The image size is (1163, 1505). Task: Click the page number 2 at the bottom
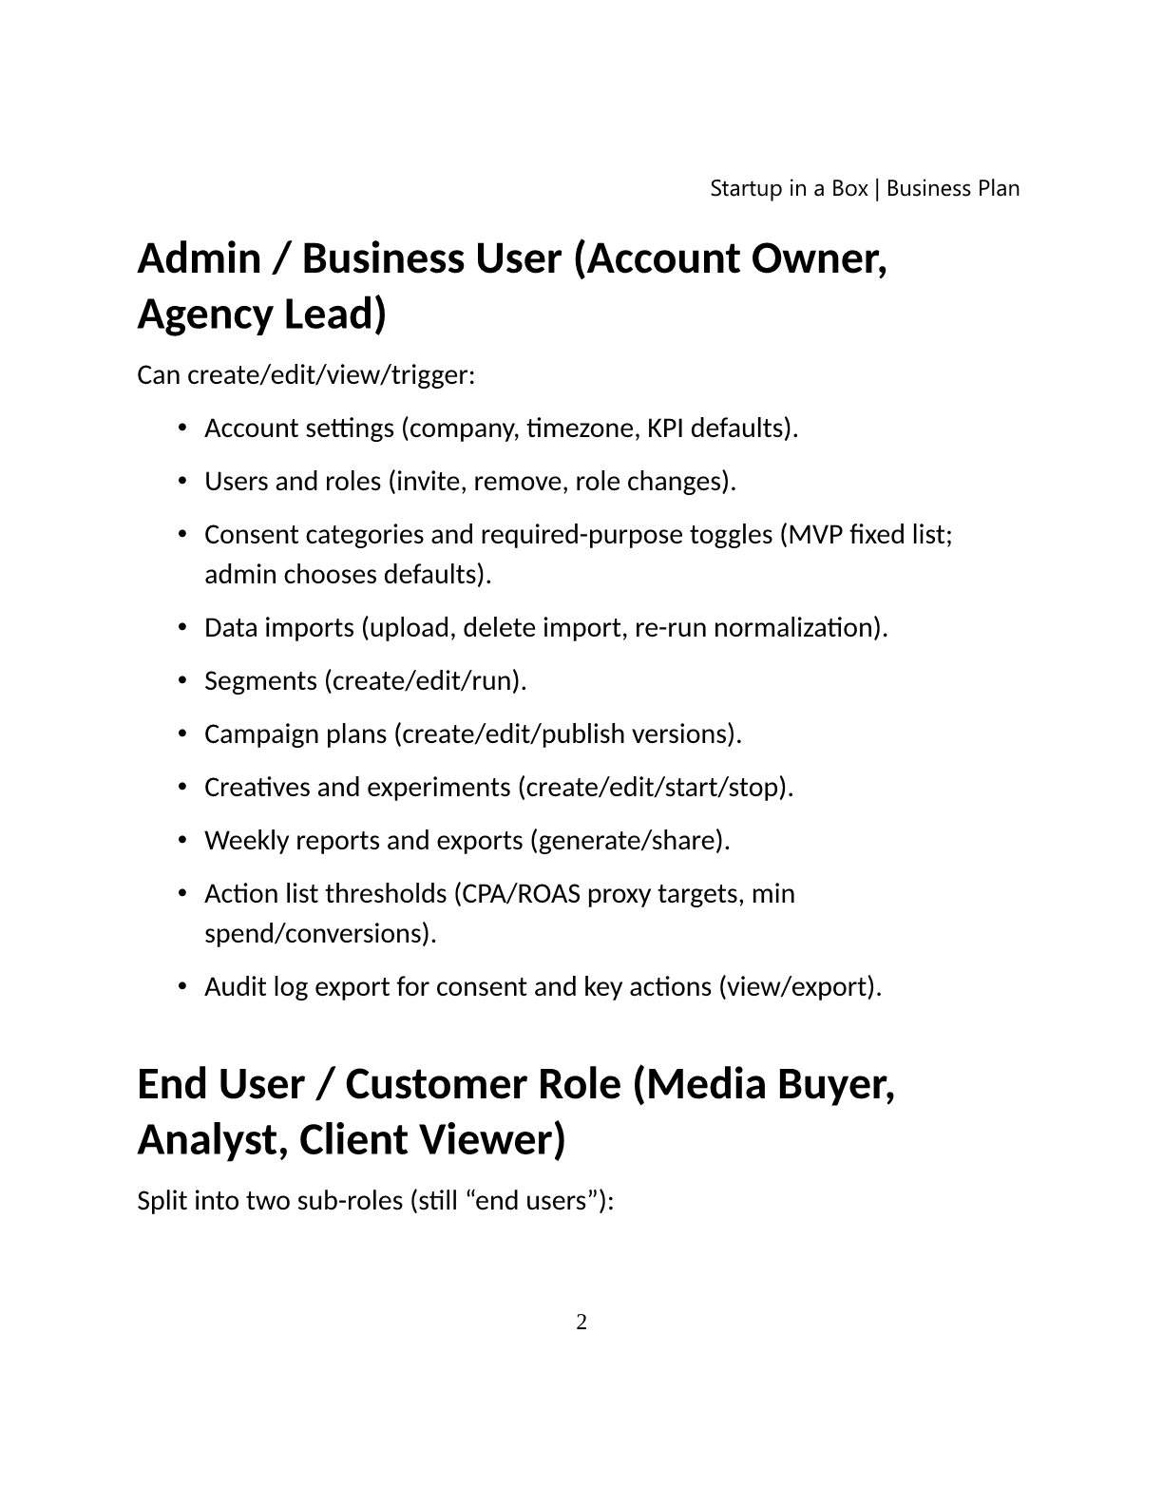[581, 1322]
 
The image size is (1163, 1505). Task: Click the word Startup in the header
[747, 188]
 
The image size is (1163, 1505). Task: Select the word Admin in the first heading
[199, 258]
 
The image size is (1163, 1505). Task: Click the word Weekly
[245, 841]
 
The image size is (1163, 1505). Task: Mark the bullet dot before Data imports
[181, 628]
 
